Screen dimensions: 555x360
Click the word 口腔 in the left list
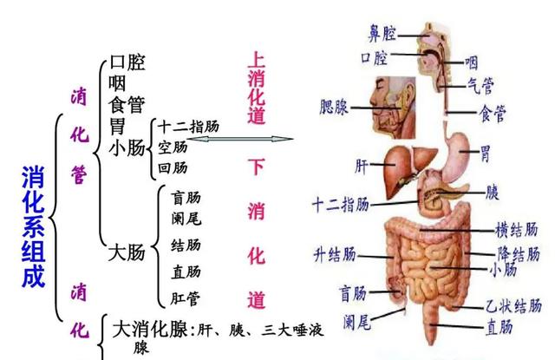click(x=127, y=63)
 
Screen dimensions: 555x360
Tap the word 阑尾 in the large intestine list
click(x=186, y=219)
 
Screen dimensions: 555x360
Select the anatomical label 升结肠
click(x=333, y=254)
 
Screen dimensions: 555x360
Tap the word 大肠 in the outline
click(x=126, y=253)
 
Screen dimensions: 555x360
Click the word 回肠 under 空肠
click(x=173, y=167)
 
